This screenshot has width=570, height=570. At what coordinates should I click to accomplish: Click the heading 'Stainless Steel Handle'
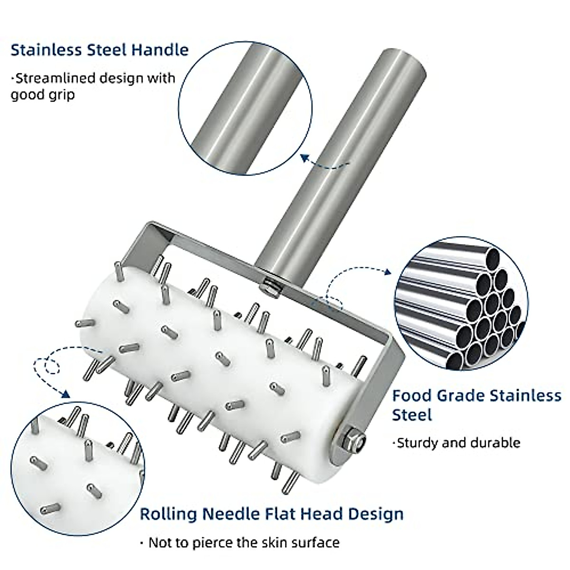tap(99, 50)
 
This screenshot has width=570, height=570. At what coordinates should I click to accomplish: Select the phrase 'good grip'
tap(43, 94)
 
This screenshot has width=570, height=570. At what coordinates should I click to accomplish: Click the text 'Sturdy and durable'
tap(458, 443)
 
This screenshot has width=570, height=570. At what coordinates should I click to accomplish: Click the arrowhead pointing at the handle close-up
tap(305, 158)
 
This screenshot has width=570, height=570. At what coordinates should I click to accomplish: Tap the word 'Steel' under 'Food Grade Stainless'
tap(412, 415)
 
